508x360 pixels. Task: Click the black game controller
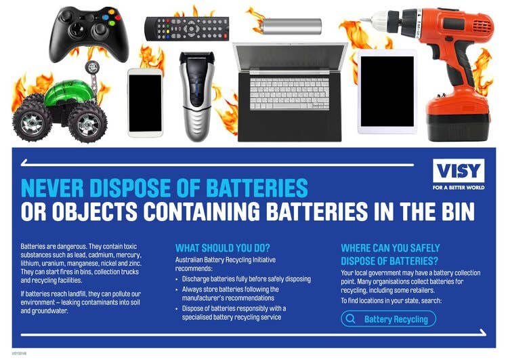click(x=89, y=34)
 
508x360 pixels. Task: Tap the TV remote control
click(x=187, y=28)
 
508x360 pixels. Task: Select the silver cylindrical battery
click(x=291, y=26)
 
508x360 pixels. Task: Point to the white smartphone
click(x=145, y=102)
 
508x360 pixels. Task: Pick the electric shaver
click(x=197, y=96)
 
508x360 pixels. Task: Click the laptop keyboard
click(x=289, y=94)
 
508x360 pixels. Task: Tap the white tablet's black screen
click(x=387, y=92)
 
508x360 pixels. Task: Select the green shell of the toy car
click(x=68, y=92)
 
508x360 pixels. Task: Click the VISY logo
click(x=459, y=171)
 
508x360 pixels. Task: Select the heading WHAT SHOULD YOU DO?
click(x=223, y=248)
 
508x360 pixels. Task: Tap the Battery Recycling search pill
click(x=389, y=319)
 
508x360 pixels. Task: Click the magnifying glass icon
click(x=351, y=319)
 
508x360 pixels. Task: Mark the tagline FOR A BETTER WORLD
click(x=459, y=188)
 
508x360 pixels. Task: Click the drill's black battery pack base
click(x=457, y=127)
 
